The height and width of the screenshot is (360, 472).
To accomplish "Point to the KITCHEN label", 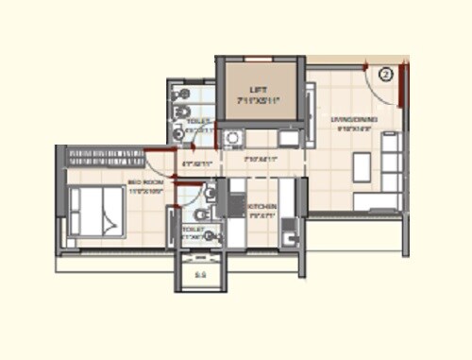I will (x=261, y=206).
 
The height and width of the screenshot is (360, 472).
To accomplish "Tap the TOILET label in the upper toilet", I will (x=197, y=122).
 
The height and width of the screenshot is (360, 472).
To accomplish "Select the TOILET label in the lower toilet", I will (x=193, y=229).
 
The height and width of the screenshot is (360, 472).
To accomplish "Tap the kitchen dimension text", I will (x=261, y=214).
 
